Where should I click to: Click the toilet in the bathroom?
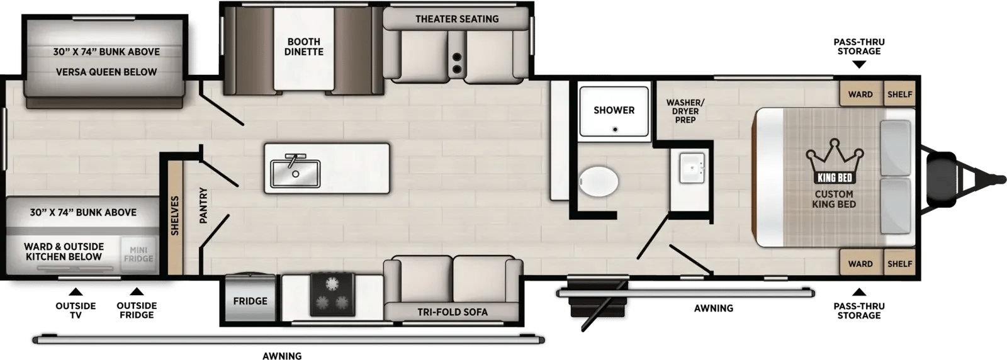[599, 181]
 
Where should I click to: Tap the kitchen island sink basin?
[295, 174]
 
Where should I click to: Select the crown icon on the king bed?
[835, 161]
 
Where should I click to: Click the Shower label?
[614, 110]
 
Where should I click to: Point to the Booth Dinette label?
[304, 47]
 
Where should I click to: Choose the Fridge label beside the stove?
[250, 301]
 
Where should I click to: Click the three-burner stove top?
[333, 294]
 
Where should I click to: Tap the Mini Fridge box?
[138, 254]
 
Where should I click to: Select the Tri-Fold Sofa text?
[453, 312]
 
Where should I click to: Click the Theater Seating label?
[457, 20]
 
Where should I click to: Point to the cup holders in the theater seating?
[457, 63]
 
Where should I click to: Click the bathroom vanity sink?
[692, 167]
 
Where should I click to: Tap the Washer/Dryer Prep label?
[685, 111]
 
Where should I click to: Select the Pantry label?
[204, 205]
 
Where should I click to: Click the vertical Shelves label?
[175, 216]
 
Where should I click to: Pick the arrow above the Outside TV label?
[76, 291]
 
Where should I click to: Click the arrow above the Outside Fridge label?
[137, 291]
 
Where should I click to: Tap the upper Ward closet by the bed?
[860, 94]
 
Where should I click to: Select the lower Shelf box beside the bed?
[899, 263]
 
